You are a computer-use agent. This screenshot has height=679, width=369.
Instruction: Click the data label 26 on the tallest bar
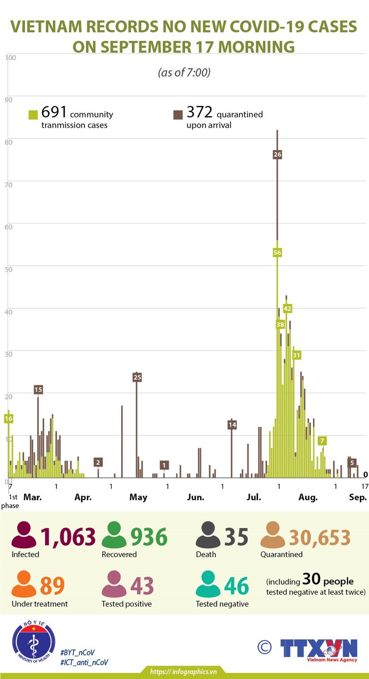click(277, 155)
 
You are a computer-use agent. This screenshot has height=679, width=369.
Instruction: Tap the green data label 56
click(277, 253)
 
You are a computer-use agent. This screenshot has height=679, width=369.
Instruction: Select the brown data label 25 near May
click(137, 377)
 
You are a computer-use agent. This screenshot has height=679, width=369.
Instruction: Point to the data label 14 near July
click(232, 425)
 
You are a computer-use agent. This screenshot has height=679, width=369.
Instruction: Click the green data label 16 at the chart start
click(8, 419)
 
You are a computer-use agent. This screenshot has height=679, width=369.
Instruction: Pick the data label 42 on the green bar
click(287, 309)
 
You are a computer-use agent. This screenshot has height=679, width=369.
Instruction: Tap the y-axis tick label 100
click(11, 58)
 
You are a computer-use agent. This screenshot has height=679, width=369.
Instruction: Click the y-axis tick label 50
click(9, 268)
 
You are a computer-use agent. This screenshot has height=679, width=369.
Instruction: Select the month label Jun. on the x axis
click(195, 497)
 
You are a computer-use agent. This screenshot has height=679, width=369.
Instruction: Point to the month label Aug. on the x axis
click(308, 497)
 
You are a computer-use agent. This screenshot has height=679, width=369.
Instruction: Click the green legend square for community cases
click(33, 115)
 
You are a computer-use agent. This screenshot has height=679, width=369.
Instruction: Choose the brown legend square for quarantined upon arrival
click(178, 115)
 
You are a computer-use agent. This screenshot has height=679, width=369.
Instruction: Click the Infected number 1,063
click(68, 537)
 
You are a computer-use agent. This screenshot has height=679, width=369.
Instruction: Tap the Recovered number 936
click(148, 537)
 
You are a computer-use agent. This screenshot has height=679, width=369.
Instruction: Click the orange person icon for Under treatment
click(24, 584)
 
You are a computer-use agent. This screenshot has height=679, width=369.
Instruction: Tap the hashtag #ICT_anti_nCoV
click(84, 662)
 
